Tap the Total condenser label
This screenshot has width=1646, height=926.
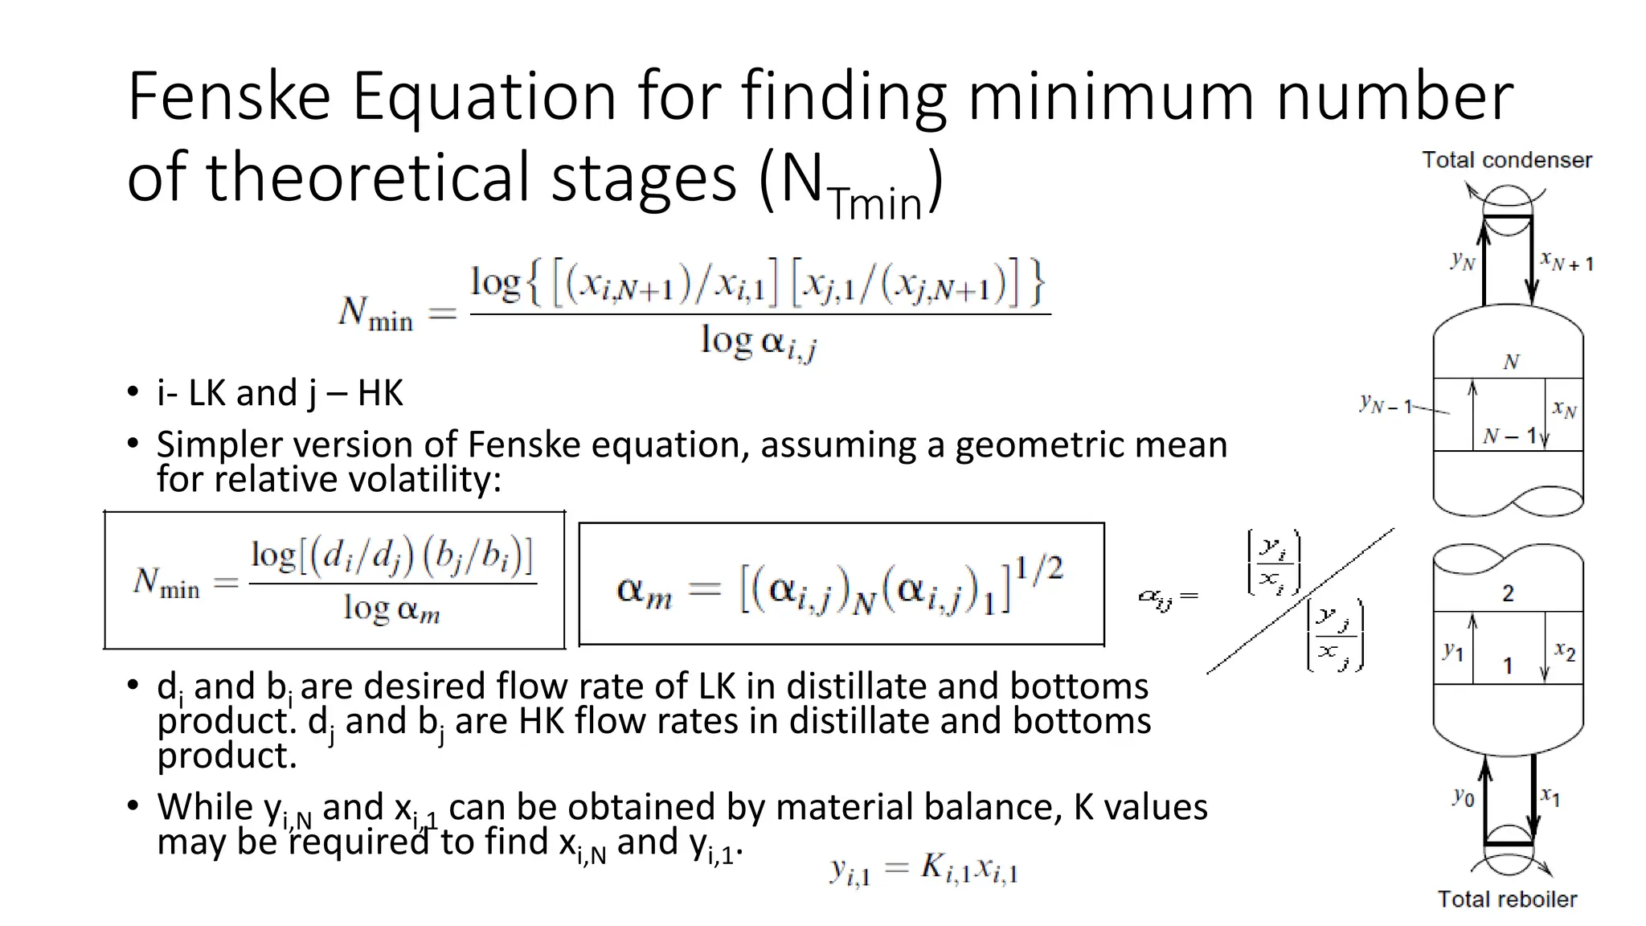click(1507, 160)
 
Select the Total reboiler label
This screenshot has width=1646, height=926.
click(1507, 899)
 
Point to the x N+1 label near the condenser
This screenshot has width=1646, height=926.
click(1566, 260)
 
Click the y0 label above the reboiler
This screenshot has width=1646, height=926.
click(1464, 797)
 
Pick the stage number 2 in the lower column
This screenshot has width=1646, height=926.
click(1508, 593)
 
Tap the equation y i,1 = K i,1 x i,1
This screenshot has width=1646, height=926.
click(924, 869)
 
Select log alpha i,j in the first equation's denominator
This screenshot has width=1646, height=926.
click(759, 342)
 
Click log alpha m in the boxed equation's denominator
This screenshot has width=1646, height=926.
click(391, 608)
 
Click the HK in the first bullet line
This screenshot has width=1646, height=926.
click(380, 393)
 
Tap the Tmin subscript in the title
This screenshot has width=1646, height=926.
click(875, 203)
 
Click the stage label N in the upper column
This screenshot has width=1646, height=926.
click(1511, 362)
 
